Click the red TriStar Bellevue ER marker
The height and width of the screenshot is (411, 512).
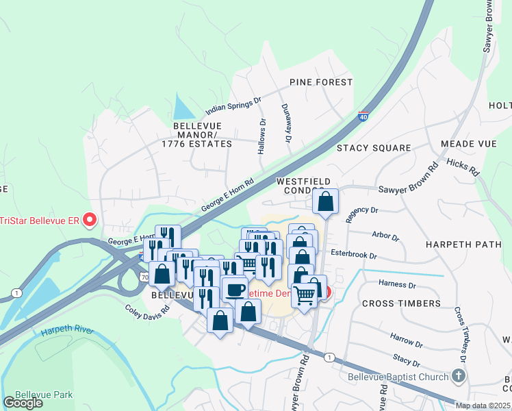coord(89,220)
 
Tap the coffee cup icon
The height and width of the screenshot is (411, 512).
coord(235,289)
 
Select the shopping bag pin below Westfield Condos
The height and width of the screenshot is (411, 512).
coord(326,202)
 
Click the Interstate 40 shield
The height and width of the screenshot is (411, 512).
coord(363,116)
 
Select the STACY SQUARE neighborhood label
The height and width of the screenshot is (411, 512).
coord(374,148)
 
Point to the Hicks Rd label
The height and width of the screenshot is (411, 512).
coord(462,166)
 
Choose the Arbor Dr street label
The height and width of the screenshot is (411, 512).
coord(385,236)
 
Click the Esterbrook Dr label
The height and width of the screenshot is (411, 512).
coord(354,255)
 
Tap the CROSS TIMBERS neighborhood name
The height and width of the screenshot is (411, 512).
coord(401,303)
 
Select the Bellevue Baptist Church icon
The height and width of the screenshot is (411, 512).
coord(459,376)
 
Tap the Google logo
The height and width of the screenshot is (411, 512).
coord(23,402)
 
